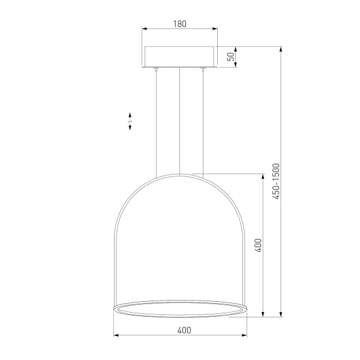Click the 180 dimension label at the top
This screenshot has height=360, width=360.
pos(180,24)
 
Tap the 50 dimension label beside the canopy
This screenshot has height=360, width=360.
pos(231,57)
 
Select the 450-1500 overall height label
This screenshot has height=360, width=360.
pos(276,181)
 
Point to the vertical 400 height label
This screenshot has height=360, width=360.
pos(258,245)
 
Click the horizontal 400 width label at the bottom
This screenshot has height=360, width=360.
pos(184,330)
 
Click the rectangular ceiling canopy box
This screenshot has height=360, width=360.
pos(179,57)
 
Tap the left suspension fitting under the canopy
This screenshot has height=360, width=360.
pos(156,68)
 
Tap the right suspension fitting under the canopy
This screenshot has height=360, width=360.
pos(203,68)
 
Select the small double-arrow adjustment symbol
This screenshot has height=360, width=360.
pos(130,121)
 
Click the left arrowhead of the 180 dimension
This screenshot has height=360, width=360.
pos(144,29)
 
